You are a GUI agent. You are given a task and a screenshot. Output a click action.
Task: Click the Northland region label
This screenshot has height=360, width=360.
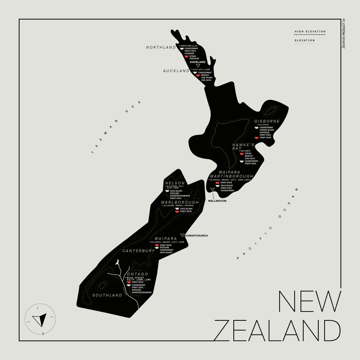click(x=161, y=47)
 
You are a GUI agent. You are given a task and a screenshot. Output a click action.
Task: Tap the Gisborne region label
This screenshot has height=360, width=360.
click(x=267, y=121)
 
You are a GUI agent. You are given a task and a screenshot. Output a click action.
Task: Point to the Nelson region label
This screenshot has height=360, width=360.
click(x=175, y=183)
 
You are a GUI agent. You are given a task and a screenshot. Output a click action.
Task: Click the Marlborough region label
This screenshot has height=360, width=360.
click(x=180, y=202)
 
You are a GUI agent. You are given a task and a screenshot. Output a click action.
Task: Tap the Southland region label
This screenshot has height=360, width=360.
click(x=107, y=295)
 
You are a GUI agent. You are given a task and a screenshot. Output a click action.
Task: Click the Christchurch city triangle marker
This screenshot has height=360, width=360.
click(x=182, y=235)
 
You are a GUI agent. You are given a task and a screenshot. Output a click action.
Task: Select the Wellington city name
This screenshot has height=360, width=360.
click(x=217, y=201)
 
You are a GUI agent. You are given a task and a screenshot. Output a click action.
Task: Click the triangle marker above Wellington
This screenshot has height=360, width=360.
click(x=213, y=190)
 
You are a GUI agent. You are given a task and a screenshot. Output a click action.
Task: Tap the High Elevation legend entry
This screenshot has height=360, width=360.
click(x=310, y=32)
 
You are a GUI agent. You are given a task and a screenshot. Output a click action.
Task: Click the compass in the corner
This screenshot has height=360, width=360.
click(x=40, y=319)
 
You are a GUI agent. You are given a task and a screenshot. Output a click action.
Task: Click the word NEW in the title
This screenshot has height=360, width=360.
click(x=310, y=301)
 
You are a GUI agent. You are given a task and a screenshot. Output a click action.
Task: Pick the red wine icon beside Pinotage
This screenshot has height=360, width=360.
click(x=186, y=56)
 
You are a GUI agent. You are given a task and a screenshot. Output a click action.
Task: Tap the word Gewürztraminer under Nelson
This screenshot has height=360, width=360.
click(x=180, y=196)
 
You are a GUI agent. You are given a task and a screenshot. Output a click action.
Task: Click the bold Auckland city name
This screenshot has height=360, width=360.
click(x=197, y=62)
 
